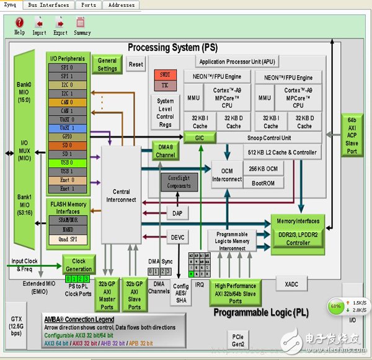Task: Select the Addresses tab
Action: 121,5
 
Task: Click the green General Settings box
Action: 107,64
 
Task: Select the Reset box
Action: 136,64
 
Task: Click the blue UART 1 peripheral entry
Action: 66,127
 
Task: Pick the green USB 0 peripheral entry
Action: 66,162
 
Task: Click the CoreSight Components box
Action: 180,182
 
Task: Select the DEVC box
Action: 176,237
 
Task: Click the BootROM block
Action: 263,183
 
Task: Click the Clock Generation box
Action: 78,265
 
